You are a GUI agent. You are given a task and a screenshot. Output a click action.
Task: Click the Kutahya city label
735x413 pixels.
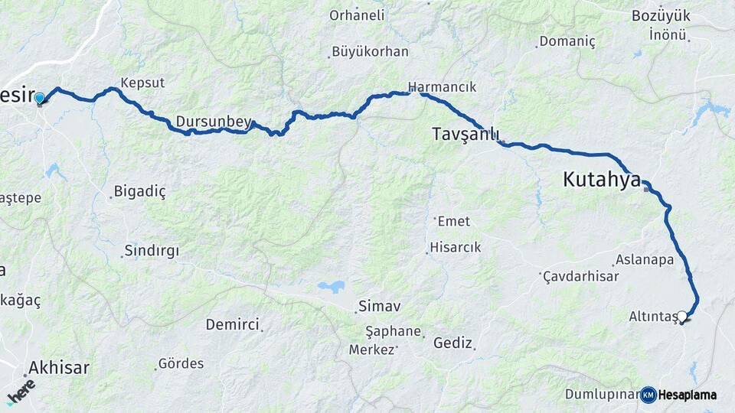(x=602, y=180)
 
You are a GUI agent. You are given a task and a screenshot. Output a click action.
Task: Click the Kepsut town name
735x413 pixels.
(x=142, y=83)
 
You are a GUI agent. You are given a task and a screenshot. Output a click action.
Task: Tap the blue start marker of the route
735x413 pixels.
(x=39, y=98)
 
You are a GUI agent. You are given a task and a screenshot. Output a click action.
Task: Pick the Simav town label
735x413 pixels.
(x=382, y=306)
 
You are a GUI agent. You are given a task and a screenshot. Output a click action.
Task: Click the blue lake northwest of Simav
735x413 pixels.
(x=332, y=287)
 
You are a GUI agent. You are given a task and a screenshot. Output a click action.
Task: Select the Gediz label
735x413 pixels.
(x=452, y=343)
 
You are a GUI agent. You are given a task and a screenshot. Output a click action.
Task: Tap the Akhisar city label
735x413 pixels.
(x=59, y=368)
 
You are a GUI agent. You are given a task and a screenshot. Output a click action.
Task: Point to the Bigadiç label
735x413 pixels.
(x=139, y=191)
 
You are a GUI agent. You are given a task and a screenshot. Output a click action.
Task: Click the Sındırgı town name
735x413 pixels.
(x=151, y=251)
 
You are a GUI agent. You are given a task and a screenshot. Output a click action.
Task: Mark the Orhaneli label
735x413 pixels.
(x=358, y=15)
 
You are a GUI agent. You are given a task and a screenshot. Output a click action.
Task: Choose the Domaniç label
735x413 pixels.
(x=567, y=41)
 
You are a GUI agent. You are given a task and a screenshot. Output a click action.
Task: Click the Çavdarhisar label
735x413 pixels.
(x=580, y=277)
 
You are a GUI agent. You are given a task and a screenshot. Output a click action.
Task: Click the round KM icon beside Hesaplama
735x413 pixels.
(x=648, y=395)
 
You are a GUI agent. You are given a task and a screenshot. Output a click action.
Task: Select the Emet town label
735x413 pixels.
(x=453, y=222)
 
